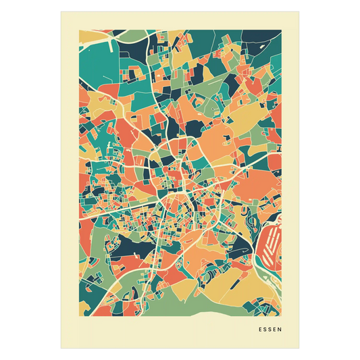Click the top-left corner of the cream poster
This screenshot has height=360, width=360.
coord(60,10)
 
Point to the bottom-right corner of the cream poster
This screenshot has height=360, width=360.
coord(301,349)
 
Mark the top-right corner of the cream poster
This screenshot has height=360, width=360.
coord(301,10)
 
